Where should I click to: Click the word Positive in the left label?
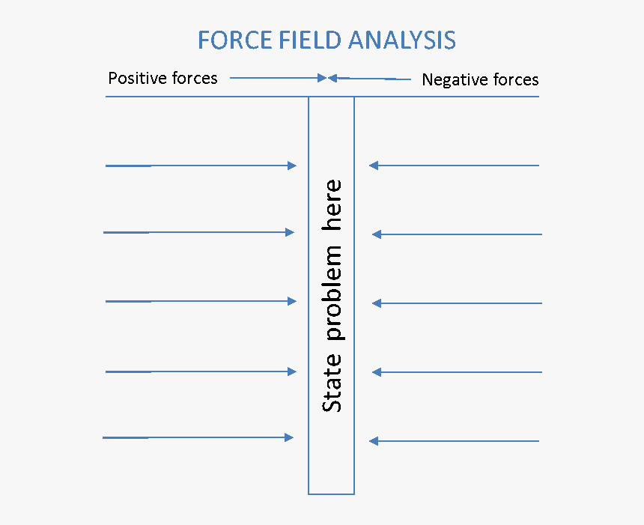138,78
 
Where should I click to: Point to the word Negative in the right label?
452,79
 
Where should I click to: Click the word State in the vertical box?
332,383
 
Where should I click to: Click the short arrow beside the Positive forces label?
277,77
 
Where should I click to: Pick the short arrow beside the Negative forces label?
371,78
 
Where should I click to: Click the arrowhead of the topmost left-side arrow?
292,166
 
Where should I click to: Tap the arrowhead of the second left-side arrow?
290,232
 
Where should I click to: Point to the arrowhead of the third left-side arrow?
292,301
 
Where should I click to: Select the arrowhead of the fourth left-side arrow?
292,371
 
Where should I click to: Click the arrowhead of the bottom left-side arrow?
288,437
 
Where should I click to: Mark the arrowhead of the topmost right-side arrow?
374,166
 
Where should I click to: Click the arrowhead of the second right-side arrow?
377,234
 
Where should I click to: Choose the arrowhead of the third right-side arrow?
377,303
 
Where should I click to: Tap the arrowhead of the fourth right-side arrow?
377,372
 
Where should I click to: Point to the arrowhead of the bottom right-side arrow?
374,441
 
